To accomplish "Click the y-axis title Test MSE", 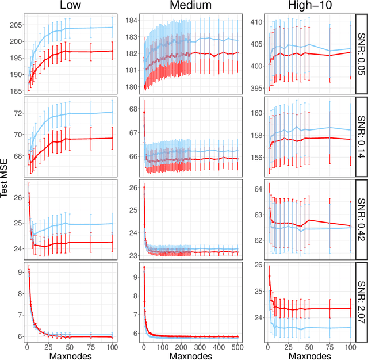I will (5, 179).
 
